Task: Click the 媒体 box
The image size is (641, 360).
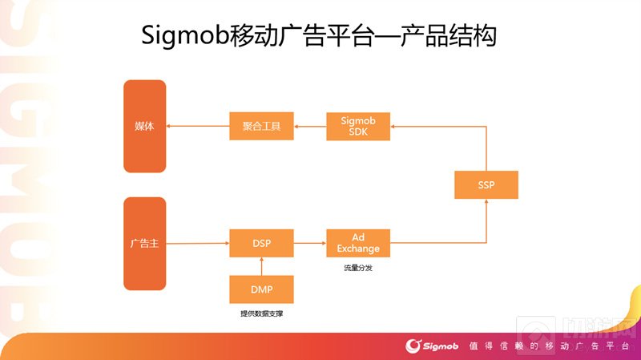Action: (144, 127)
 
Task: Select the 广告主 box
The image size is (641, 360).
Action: (144, 243)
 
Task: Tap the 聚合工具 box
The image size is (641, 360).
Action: (261, 127)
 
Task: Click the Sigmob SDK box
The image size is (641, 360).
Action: (358, 127)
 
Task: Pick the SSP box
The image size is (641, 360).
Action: (486, 184)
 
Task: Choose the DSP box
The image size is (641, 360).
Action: (261, 243)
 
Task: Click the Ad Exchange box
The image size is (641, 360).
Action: (358, 243)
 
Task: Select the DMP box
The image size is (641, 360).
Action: (261, 289)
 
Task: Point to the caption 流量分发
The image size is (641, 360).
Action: (358, 268)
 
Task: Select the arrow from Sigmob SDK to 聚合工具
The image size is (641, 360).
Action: (310, 127)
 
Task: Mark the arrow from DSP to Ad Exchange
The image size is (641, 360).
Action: (310, 243)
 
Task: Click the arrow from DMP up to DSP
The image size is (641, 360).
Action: (261, 266)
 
